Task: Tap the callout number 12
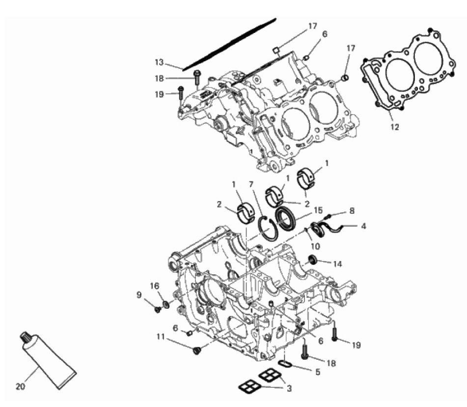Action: click(395, 127)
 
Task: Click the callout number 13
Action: click(159, 62)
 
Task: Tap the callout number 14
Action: click(337, 264)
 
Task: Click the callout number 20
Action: click(20, 386)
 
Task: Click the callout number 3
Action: click(289, 388)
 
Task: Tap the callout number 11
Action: click(161, 337)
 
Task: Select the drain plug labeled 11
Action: click(196, 350)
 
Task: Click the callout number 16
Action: click(155, 286)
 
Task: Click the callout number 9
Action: click(139, 295)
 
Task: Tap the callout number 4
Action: click(363, 226)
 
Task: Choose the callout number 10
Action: click(315, 246)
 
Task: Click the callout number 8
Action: click(352, 211)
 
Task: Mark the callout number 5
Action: click(318, 372)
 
